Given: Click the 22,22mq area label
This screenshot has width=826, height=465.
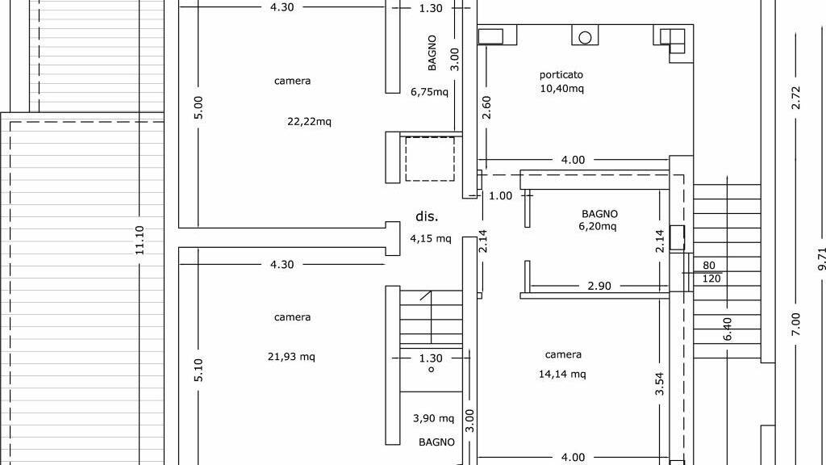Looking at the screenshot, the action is [x=309, y=122].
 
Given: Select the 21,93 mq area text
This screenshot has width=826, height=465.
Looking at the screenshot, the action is [x=291, y=357].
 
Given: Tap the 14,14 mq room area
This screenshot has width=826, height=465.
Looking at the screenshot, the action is [x=562, y=375].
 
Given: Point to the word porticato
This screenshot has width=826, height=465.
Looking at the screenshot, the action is [x=561, y=75].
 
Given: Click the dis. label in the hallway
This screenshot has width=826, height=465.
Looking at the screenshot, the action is [x=427, y=216].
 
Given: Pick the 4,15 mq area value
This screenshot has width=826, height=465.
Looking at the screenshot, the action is [x=431, y=239].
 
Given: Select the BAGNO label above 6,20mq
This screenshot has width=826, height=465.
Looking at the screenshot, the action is [x=599, y=214].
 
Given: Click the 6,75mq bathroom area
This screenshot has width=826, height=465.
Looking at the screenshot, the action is [x=429, y=92].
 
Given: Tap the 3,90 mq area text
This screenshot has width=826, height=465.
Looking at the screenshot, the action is [x=433, y=419].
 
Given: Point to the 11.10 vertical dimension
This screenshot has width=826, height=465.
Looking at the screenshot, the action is [x=140, y=241].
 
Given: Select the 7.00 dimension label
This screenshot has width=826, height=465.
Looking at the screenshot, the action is [x=796, y=325].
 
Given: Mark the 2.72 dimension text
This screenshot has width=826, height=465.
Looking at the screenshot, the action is [x=796, y=98].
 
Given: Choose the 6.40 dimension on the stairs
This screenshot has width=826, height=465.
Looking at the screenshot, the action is [x=728, y=329].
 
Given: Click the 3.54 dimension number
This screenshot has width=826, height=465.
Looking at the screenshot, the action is [x=659, y=383].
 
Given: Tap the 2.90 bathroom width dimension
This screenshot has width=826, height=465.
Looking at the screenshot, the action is [x=599, y=287].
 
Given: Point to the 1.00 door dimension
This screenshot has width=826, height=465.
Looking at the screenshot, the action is [x=500, y=196].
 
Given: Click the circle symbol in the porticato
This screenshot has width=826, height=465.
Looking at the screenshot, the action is [x=586, y=37].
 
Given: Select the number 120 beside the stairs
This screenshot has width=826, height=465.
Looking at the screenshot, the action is [x=711, y=279].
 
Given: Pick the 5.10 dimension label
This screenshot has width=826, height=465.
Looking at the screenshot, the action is [x=198, y=370].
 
